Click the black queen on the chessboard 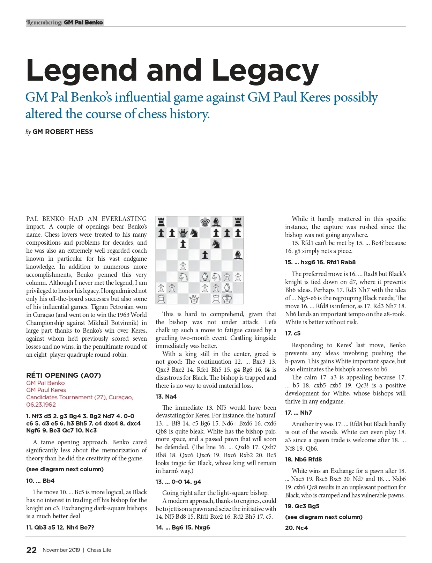[183, 233]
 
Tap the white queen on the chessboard [194, 299]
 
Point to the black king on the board [205, 222]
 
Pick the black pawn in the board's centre [205, 255]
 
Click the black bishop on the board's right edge [238, 255]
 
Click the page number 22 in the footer [31, 550]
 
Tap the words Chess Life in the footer [99, 550]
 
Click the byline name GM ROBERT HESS [63, 132]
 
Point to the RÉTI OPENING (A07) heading [64, 375]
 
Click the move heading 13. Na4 [166, 397]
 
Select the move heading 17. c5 [293, 333]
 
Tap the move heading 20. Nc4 [296, 528]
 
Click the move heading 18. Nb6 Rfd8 [303, 459]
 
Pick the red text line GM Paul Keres [46, 390]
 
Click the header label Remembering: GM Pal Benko [65, 22]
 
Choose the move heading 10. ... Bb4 [40, 481]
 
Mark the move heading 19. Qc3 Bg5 [302, 506]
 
